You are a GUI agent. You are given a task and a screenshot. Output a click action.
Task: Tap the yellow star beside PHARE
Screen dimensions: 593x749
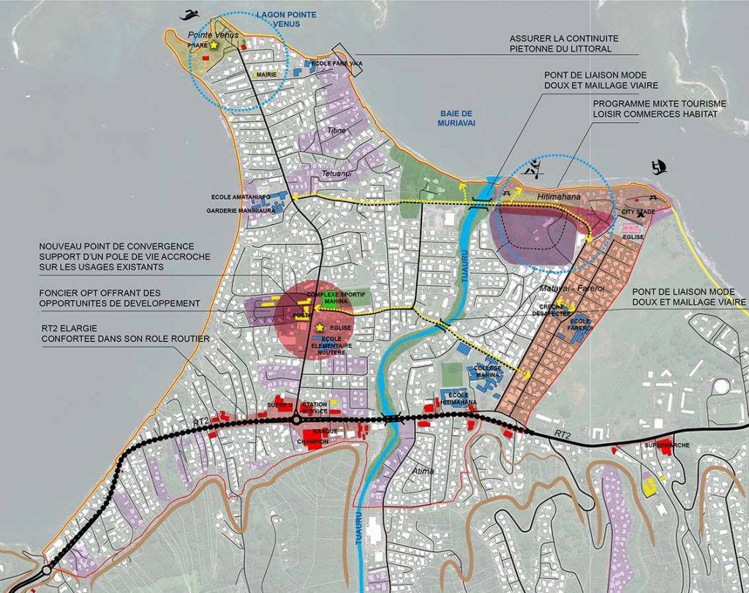click(214, 45)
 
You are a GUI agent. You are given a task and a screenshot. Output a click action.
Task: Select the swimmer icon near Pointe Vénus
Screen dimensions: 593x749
click(191, 15)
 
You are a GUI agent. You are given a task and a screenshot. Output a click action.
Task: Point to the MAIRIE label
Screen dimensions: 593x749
click(266, 74)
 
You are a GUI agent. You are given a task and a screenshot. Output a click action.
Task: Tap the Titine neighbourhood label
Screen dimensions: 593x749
click(337, 130)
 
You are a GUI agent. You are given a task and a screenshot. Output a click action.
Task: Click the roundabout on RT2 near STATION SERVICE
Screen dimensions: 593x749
click(296, 419)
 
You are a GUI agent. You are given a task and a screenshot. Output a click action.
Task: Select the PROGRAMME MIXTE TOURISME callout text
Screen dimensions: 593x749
click(652, 103)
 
